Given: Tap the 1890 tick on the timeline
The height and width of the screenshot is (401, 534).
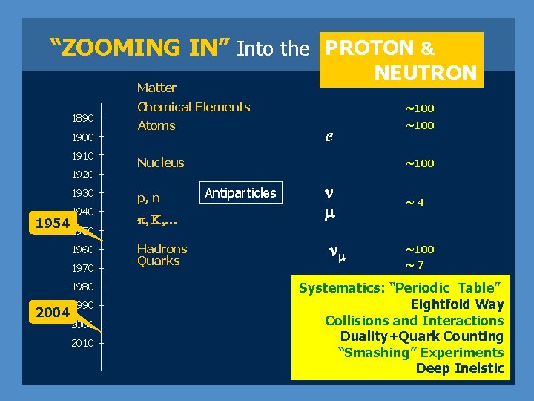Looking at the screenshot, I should tap(82, 118).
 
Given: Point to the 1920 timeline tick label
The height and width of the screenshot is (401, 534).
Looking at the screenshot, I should tap(82, 175).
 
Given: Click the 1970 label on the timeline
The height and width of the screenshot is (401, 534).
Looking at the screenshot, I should tap(82, 268).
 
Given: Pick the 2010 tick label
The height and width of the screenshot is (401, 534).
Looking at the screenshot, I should tap(82, 343).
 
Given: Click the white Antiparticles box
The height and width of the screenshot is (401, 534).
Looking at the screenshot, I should tap(240, 193).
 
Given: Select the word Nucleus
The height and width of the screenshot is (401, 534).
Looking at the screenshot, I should tap(160, 163).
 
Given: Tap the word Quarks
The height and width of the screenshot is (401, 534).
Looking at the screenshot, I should tap(158, 261).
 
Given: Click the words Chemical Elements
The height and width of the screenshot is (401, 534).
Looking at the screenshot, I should tap(194, 107).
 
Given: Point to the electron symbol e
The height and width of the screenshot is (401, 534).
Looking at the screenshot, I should tap(329, 137).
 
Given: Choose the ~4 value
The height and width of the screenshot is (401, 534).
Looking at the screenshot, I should tap(413, 202).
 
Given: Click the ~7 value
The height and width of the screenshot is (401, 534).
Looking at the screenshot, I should tap(414, 265).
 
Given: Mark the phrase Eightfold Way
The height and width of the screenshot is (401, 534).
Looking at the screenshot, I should tap(457, 304).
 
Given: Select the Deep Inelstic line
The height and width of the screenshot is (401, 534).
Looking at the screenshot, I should tap(459, 368).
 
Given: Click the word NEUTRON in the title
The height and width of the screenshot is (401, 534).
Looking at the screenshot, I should tap(425, 73).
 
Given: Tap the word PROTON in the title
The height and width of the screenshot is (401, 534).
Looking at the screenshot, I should tap(370, 48).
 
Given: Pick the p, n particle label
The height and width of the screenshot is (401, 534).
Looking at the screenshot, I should tap(148, 198).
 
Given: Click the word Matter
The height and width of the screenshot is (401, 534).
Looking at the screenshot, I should tap(156, 88).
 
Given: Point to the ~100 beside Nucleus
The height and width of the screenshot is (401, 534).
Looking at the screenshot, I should tap(419, 163).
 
